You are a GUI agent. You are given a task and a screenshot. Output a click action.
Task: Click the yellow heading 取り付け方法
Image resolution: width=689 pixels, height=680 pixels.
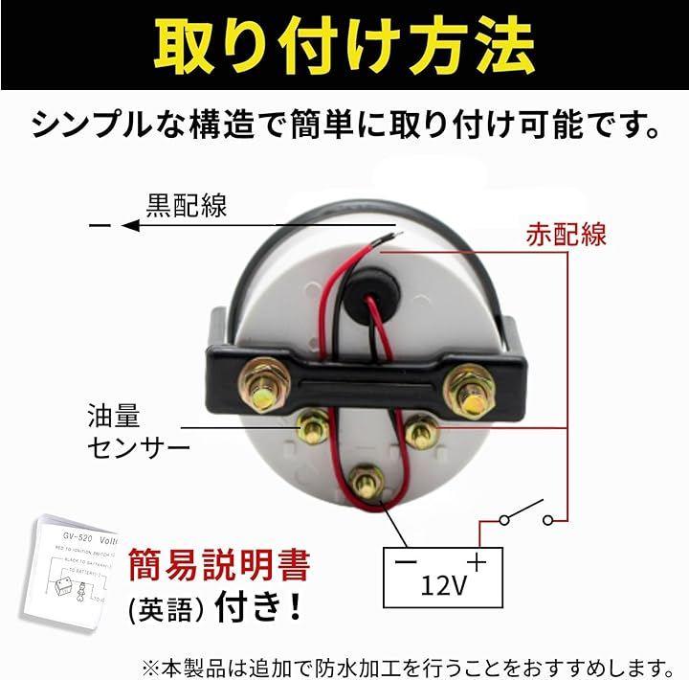coord(344,43)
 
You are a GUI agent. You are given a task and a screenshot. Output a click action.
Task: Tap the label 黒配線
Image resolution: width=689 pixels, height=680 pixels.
coord(187,205)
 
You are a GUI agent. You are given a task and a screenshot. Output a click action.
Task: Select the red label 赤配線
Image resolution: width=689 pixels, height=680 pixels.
coord(567,235)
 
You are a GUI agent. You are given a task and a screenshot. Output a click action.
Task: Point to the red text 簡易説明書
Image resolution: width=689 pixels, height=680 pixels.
coord(217,565)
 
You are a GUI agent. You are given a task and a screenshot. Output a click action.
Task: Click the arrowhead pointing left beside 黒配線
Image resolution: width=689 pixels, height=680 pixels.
coord(129,226)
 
